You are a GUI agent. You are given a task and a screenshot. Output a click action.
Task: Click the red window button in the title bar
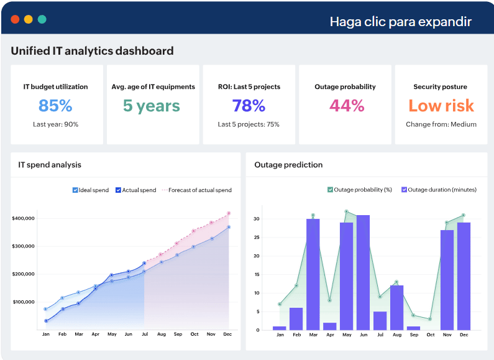tap(15, 19)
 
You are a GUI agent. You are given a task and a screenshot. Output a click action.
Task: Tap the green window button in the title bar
tap(42, 19)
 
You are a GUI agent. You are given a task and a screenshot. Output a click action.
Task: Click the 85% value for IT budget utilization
tap(55, 106)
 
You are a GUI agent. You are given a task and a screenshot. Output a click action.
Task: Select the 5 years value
tap(152, 106)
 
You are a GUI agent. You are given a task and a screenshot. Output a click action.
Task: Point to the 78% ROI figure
tap(249, 106)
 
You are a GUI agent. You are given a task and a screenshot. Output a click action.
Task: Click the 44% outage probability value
tap(347, 106)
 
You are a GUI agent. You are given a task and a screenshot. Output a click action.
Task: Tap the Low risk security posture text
tap(441, 106)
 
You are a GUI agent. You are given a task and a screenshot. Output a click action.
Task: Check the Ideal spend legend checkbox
tap(75, 190)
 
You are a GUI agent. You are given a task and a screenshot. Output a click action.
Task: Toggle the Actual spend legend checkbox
tap(118, 190)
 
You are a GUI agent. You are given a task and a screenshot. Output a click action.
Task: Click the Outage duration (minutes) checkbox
tap(404, 190)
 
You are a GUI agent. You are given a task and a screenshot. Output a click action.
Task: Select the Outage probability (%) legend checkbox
tap(330, 190)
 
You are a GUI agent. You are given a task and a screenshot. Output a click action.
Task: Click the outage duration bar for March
tap(313, 275)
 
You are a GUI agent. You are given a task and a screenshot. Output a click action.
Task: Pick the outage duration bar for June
tap(363, 273)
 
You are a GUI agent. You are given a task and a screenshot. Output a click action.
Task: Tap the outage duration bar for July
tap(380, 321)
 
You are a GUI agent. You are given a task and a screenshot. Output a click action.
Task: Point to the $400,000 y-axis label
tap(24, 218)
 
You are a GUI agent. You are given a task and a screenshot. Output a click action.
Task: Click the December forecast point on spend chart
tap(229, 213)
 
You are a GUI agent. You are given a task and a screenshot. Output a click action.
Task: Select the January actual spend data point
tap(46, 321)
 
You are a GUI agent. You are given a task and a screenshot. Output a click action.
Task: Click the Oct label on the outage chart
tap(431, 335)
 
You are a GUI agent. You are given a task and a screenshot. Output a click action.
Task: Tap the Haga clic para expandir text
tap(400, 22)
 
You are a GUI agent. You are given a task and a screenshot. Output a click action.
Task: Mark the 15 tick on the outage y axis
tap(257, 275)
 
